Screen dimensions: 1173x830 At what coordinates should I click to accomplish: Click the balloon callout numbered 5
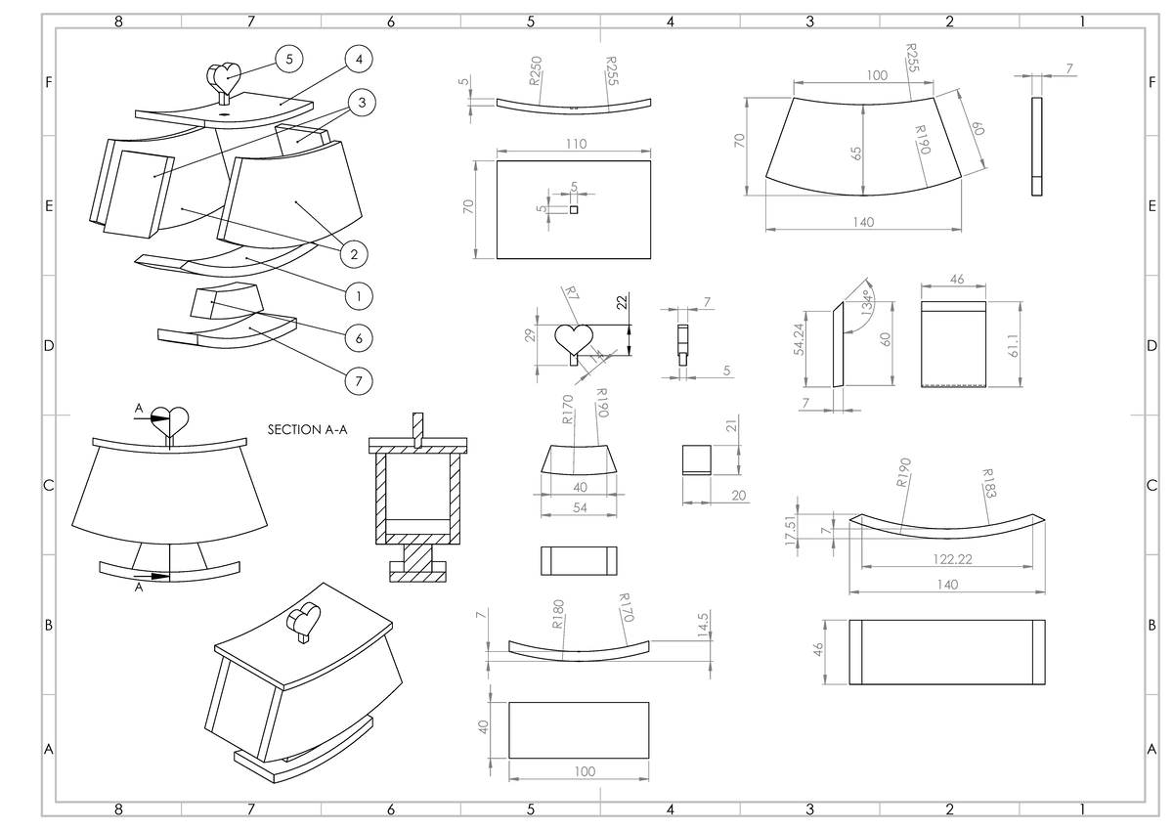tap(289, 60)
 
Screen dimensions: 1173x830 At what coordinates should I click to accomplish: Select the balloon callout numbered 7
tap(359, 380)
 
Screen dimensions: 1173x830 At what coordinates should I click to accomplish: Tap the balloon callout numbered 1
tap(359, 296)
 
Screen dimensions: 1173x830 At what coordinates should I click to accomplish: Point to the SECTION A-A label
tap(307, 430)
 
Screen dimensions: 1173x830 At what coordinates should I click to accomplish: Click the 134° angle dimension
tap(868, 303)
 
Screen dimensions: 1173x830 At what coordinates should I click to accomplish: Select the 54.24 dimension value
tap(799, 339)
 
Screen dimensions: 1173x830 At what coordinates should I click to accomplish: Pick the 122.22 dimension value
tap(952, 559)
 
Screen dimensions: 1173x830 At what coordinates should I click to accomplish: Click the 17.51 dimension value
tap(791, 530)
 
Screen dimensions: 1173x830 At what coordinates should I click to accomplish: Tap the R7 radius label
tap(573, 293)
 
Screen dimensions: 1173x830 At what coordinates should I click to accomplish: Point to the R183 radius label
tap(989, 483)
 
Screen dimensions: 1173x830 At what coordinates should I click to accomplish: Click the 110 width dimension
tap(576, 144)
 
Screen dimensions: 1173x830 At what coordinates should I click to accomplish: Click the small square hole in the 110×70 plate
tap(574, 210)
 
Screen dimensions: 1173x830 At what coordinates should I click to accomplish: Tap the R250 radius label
tap(536, 70)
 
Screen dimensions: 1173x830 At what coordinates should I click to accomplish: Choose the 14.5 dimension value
tap(703, 625)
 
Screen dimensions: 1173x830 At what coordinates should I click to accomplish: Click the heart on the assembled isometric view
tap(304, 620)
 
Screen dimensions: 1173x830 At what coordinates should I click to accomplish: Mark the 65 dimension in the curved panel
tap(855, 153)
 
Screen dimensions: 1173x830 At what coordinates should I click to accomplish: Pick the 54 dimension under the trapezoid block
tap(580, 507)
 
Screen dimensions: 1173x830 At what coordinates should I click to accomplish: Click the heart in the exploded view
tap(225, 78)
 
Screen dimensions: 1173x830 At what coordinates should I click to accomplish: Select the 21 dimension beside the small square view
tap(731, 425)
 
